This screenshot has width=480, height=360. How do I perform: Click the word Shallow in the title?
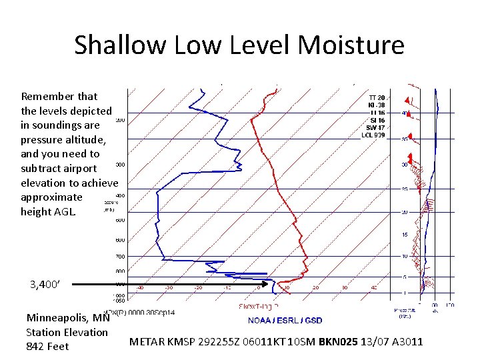119,45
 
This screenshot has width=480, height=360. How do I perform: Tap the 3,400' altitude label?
45,284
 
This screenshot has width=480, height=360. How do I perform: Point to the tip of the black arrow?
276,284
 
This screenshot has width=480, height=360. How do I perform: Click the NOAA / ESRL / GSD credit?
285,321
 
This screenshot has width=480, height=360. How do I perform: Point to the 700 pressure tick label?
120,257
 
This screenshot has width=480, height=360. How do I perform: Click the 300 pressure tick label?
120,164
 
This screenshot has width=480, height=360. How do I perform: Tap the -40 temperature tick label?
141,289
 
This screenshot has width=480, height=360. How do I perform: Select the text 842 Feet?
47,346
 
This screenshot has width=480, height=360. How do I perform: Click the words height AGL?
49,211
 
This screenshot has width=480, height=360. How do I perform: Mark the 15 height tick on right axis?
404,235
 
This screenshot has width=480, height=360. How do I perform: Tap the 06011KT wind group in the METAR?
281,342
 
